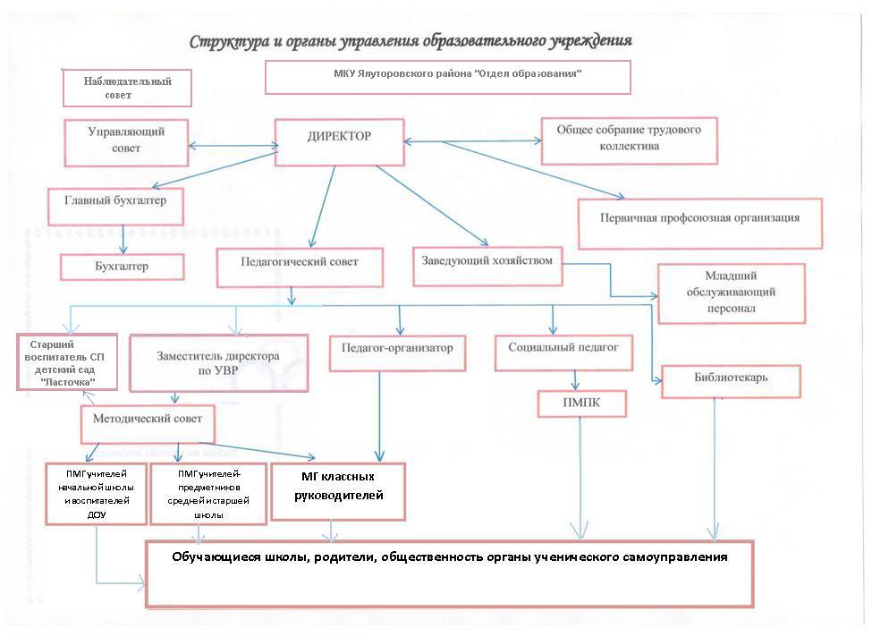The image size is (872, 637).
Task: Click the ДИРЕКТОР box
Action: (339, 142)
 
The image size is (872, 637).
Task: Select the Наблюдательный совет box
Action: (127, 88)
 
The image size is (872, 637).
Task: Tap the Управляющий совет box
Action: (126, 142)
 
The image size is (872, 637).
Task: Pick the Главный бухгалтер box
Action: (115, 207)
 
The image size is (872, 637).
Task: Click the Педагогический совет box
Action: (300, 268)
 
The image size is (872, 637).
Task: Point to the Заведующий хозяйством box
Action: (487, 267)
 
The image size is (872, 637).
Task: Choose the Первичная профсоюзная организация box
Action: (700, 224)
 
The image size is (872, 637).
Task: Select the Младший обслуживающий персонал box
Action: (732, 293)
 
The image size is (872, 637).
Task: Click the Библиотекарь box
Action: (731, 381)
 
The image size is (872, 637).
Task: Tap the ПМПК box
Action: (581, 403)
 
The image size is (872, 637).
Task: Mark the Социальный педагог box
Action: (563, 352)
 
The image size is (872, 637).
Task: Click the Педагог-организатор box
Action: (397, 352)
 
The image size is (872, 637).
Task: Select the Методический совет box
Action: (148, 424)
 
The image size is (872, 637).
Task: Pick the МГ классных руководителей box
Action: (338, 492)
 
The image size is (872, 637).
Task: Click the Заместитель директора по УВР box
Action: (218, 363)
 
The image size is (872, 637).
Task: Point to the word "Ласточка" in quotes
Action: (68, 382)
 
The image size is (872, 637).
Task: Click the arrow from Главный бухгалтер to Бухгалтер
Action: (123, 240)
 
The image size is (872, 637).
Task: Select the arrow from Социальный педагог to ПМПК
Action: (576, 380)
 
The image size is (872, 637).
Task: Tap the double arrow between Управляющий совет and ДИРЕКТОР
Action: (233, 146)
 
